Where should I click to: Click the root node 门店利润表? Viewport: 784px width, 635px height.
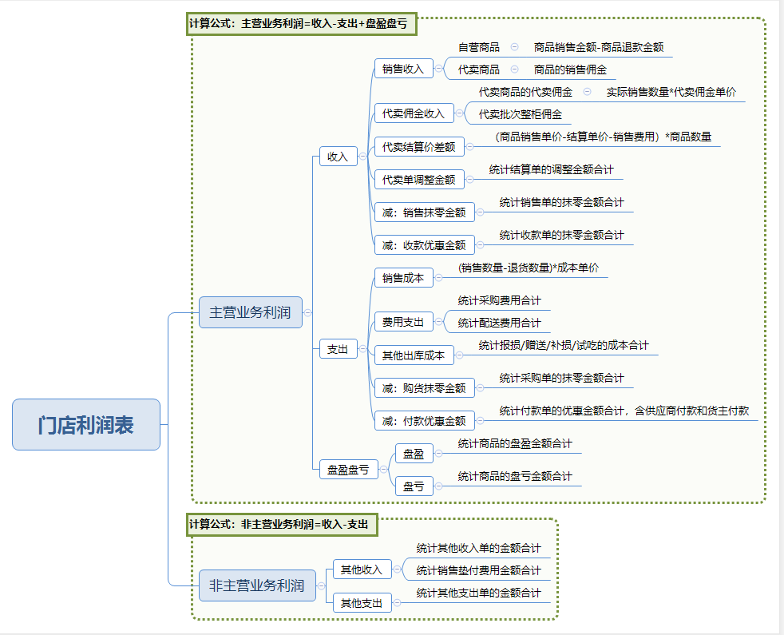86,424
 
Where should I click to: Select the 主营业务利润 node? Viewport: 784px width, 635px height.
250,312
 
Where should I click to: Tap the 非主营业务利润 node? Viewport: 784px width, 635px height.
256,585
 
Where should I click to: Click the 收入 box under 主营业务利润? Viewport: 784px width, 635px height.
338,157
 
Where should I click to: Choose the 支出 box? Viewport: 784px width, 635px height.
338,349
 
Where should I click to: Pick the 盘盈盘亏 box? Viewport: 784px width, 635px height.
348,470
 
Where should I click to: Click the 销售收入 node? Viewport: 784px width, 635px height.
403,69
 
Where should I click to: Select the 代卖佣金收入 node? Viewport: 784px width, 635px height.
414,113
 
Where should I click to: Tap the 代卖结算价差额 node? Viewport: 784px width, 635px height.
418,147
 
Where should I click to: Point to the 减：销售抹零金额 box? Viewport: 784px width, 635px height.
424,212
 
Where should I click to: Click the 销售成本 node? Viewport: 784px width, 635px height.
403,278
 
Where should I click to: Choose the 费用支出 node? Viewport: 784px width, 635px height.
403,322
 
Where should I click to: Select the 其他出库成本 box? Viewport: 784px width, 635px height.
414,355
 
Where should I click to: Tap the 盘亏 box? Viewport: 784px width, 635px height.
414,486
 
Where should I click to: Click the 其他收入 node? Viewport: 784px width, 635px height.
362,570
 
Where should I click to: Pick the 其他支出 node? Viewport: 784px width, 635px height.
362,602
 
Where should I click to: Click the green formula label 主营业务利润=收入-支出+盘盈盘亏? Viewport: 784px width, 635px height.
298,24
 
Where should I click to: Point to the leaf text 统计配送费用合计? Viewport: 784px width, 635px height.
499,323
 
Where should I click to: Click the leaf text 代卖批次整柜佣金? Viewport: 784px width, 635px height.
521,114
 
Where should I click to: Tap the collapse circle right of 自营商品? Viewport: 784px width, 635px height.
515,47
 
